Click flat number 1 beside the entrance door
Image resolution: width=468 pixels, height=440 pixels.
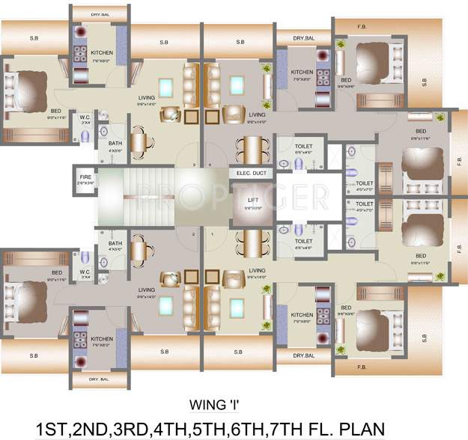212,234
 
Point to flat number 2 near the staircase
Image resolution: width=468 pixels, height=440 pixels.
193,234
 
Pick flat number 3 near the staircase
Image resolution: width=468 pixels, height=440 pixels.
193,165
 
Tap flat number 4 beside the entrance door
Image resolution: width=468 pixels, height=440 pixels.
212,165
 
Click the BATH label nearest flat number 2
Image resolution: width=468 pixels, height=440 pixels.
115,242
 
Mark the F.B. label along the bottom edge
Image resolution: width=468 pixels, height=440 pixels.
362,367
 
